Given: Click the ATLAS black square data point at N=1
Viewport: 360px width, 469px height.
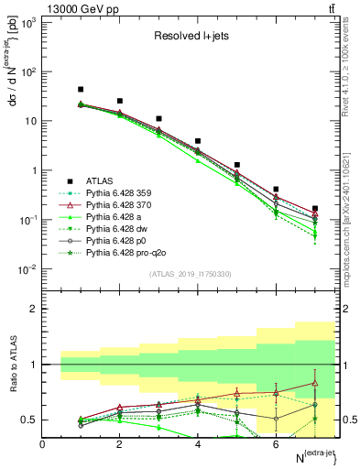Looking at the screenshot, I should click(81, 90).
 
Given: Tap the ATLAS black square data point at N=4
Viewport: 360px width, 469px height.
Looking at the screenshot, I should click(198, 142).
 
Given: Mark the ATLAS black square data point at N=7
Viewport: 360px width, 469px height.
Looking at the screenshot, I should click(315, 209).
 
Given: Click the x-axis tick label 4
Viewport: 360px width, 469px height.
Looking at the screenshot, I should click(198, 444).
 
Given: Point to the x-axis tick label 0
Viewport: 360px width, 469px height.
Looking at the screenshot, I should click(42, 444).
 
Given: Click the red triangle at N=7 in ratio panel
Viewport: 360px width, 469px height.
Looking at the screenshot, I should click(315, 384).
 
